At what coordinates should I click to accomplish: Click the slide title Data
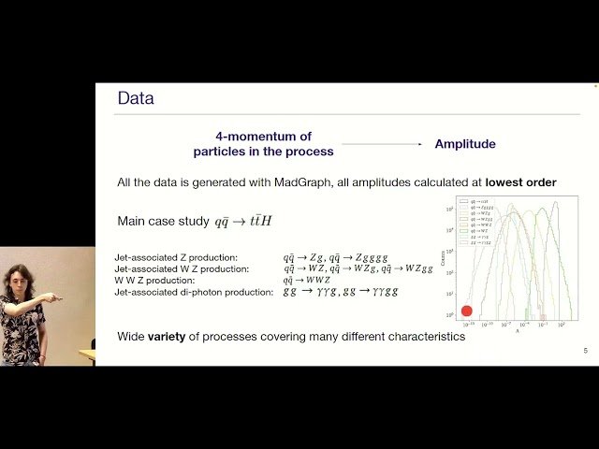click(135, 98)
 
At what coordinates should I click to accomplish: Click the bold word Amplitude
click(465, 144)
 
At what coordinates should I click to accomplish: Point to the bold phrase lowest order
click(520, 181)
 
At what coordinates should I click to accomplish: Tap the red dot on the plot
click(466, 311)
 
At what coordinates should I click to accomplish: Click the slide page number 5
click(585, 351)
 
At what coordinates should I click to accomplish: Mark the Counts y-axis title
click(443, 256)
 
